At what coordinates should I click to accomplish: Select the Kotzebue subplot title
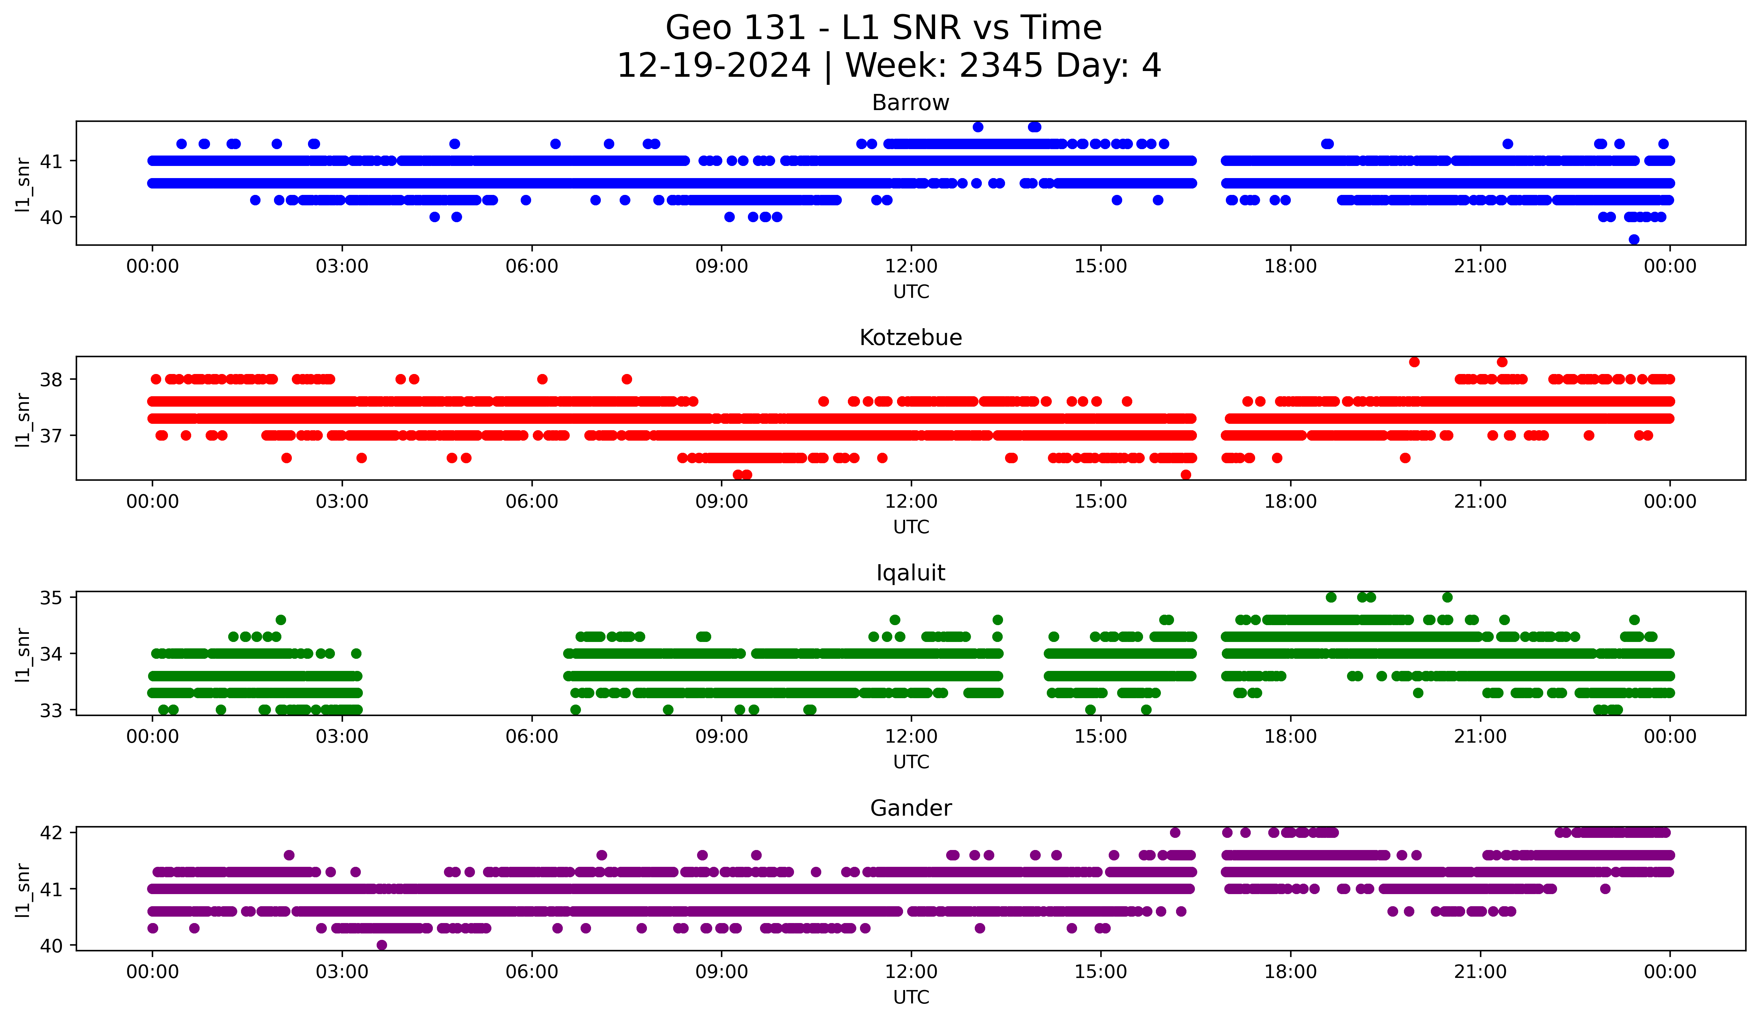point(910,338)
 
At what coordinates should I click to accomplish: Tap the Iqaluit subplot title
point(910,573)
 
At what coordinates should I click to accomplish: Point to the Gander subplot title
point(910,808)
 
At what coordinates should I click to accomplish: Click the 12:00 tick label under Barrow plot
point(911,267)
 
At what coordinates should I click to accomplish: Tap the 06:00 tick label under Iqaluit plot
point(532,737)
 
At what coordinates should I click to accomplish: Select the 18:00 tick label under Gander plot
point(1290,972)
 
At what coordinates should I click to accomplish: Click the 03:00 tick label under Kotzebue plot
point(342,502)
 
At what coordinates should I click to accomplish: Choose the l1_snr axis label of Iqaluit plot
point(23,654)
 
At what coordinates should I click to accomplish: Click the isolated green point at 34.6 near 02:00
point(281,620)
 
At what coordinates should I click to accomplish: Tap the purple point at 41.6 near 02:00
point(289,855)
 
